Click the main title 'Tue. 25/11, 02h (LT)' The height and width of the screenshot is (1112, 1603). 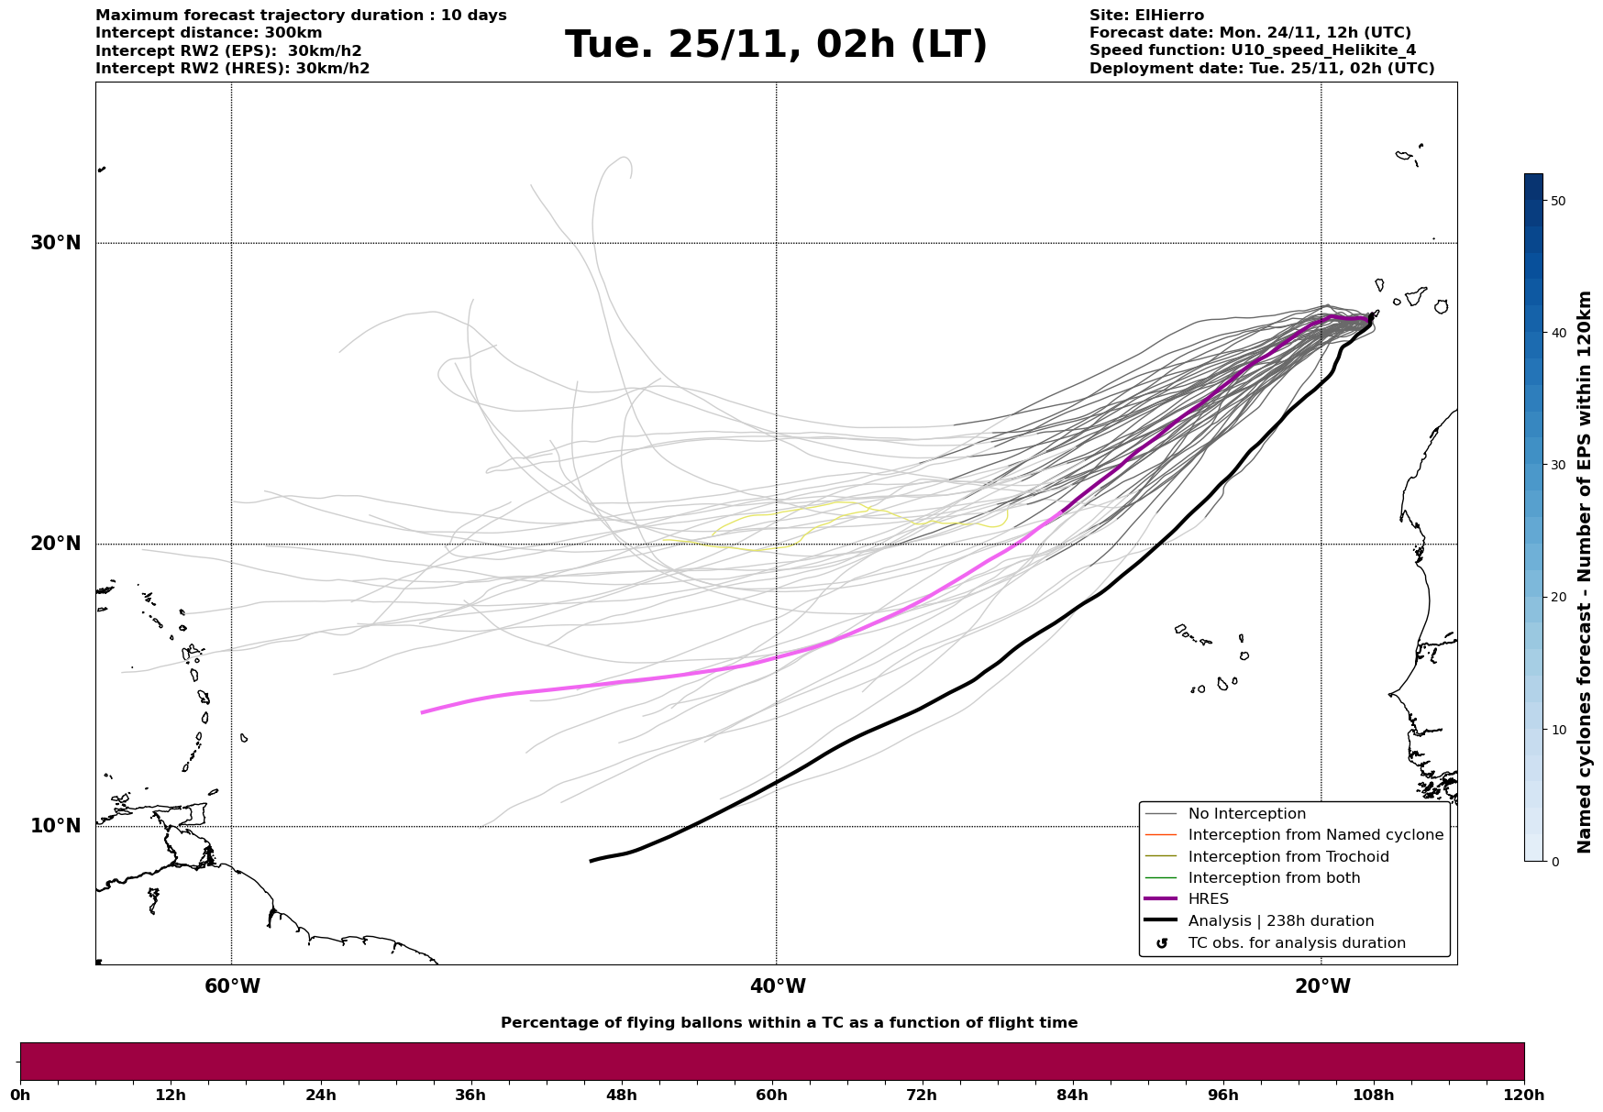pyautogui.click(x=776, y=45)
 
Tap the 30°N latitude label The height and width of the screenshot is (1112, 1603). pyautogui.click(x=56, y=243)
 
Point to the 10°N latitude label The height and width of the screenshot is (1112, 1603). pyautogui.click(x=56, y=826)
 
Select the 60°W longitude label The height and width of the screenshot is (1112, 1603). pyautogui.click(x=232, y=986)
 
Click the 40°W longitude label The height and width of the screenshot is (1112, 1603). pyautogui.click(x=778, y=986)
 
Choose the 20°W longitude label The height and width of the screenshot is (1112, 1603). pyautogui.click(x=1321, y=986)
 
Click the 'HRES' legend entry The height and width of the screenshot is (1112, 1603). pyautogui.click(x=1208, y=899)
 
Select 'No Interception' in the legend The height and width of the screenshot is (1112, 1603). pyautogui.click(x=1246, y=814)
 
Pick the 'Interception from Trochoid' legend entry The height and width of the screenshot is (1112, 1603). pyautogui.click(x=1288, y=857)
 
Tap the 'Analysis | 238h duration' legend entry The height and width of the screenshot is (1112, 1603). pyautogui.click(x=1280, y=921)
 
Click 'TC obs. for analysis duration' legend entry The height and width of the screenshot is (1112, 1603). pyautogui.click(x=1296, y=943)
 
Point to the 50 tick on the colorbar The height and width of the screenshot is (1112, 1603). pyautogui.click(x=1557, y=201)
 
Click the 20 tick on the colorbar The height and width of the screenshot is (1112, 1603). pyautogui.click(x=1557, y=598)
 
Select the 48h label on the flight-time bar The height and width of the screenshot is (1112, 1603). pyautogui.click(x=621, y=1095)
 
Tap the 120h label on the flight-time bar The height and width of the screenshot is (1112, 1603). pyautogui.click(x=1523, y=1095)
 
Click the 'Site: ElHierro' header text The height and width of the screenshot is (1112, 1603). pyautogui.click(x=1146, y=16)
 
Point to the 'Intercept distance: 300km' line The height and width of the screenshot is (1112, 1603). pyautogui.click(x=208, y=33)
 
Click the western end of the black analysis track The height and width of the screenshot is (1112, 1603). pyautogui.click(x=591, y=861)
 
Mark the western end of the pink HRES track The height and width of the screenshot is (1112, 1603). pyautogui.click(x=423, y=712)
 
